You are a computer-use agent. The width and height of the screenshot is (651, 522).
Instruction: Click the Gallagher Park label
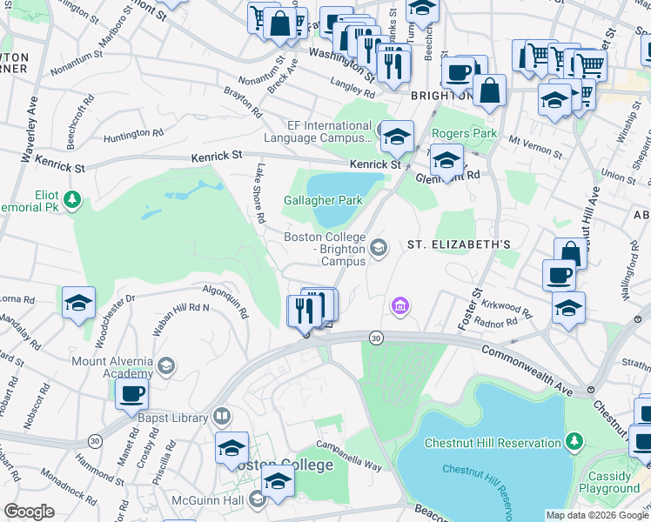(x=323, y=200)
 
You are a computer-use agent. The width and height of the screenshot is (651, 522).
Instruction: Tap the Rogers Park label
(x=465, y=133)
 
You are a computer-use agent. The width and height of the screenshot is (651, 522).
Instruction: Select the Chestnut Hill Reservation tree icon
(x=574, y=443)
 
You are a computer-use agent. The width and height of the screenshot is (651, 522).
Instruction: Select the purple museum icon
(x=400, y=305)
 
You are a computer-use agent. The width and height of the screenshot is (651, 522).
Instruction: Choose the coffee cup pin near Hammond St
(x=132, y=394)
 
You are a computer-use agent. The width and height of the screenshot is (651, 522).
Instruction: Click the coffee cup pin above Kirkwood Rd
(x=559, y=274)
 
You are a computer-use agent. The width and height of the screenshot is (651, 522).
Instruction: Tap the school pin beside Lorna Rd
(x=78, y=304)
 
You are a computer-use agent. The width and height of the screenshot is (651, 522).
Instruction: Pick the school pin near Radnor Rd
(x=568, y=308)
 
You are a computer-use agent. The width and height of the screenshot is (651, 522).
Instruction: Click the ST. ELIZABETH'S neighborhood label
(x=459, y=245)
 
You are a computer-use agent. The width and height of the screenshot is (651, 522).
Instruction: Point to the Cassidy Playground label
(x=609, y=482)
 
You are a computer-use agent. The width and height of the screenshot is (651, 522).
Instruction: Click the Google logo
(x=29, y=512)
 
